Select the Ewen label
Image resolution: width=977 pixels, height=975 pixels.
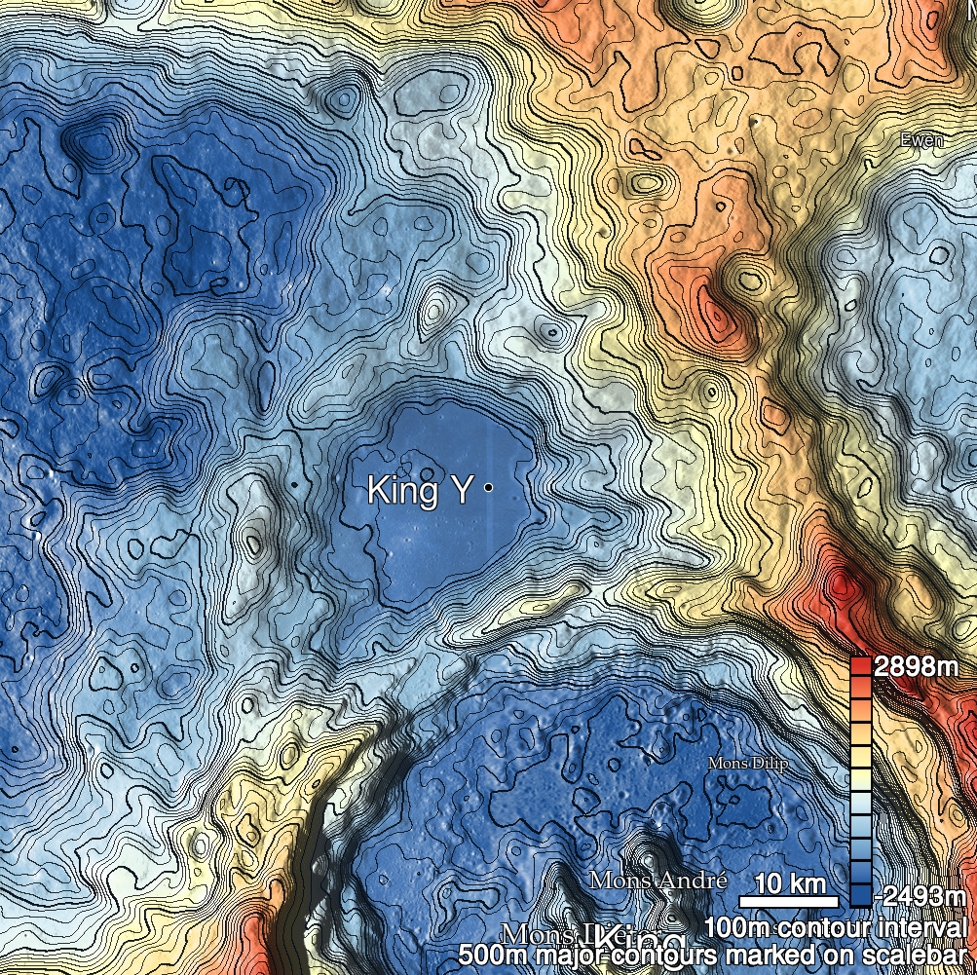pos(921,140)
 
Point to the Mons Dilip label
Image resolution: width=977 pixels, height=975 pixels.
pos(747,763)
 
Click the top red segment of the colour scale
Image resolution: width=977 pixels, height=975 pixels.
pos(861,667)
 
